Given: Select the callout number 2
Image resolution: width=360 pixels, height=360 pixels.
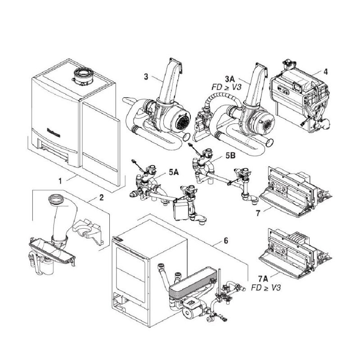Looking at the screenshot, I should [102, 197].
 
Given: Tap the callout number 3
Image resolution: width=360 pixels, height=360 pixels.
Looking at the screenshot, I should [146, 77].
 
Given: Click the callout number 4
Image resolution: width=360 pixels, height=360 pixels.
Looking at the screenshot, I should [326, 71].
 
